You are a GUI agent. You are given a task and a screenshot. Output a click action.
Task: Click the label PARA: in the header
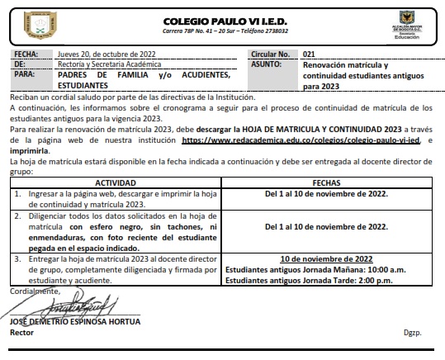(26, 74)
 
